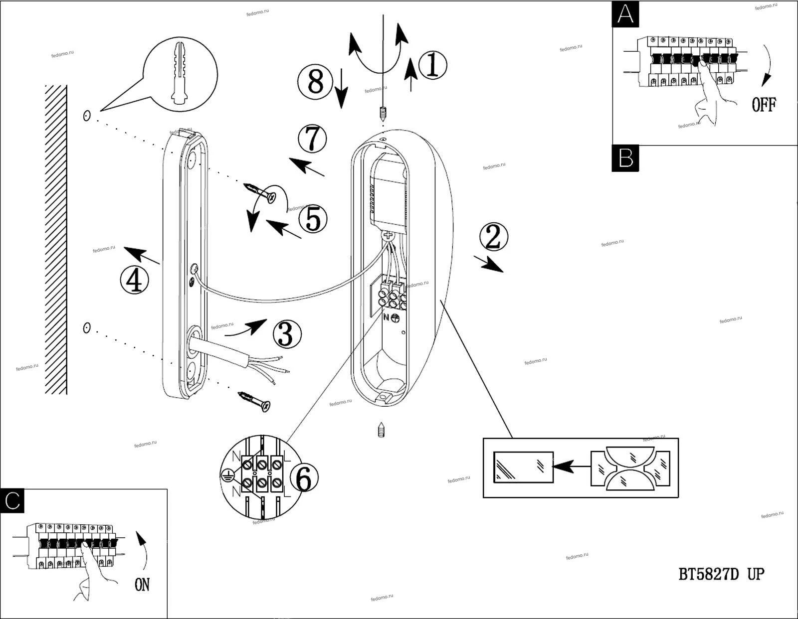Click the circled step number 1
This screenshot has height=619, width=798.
[432, 65]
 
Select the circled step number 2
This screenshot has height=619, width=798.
[493, 237]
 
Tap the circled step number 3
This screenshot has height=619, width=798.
[287, 333]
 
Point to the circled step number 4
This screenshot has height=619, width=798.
[134, 280]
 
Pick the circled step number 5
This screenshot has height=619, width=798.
[313, 219]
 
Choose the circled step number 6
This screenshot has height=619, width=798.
[303, 479]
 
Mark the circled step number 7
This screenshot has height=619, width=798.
[312, 139]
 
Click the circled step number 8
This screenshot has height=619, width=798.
[315, 81]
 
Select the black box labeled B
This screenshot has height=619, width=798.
[625, 158]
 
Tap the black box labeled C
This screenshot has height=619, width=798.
[12, 500]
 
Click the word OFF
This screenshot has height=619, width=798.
[764, 105]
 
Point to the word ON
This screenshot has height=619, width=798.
[142, 584]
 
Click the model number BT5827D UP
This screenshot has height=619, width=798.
[721, 574]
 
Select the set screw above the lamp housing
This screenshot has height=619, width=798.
[383, 115]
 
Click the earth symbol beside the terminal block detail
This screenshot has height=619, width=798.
[227, 475]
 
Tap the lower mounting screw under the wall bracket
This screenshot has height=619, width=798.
[255, 401]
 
